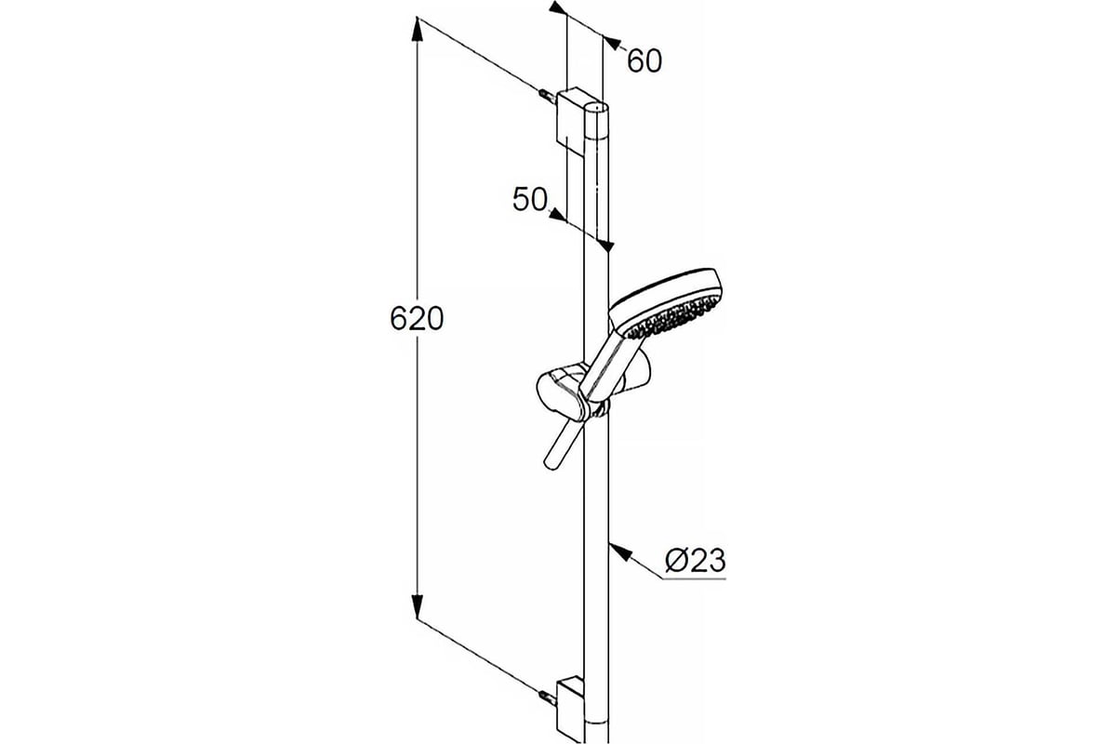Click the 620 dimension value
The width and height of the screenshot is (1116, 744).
pyautogui.click(x=417, y=319)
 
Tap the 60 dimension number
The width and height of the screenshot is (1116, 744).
pyautogui.click(x=644, y=61)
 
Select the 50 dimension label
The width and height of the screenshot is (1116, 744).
pyautogui.click(x=530, y=199)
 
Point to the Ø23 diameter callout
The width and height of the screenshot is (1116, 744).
pyautogui.click(x=695, y=561)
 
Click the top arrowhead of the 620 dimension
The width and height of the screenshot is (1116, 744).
pyautogui.click(x=417, y=30)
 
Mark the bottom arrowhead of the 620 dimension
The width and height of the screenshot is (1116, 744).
pyautogui.click(x=417, y=606)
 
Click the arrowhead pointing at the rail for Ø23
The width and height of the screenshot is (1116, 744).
pyautogui.click(x=619, y=551)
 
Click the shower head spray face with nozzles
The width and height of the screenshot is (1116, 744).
pyautogui.click(x=673, y=315)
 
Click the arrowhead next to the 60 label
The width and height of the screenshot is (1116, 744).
pyautogui.click(x=611, y=43)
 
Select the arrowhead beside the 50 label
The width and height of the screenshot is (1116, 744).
pyautogui.click(x=557, y=216)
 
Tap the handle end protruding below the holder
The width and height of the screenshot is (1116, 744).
pyautogui.click(x=562, y=444)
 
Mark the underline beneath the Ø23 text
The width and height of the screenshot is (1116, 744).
pyautogui.click(x=695, y=579)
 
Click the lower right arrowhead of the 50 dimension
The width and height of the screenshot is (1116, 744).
pyautogui.click(x=604, y=246)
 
